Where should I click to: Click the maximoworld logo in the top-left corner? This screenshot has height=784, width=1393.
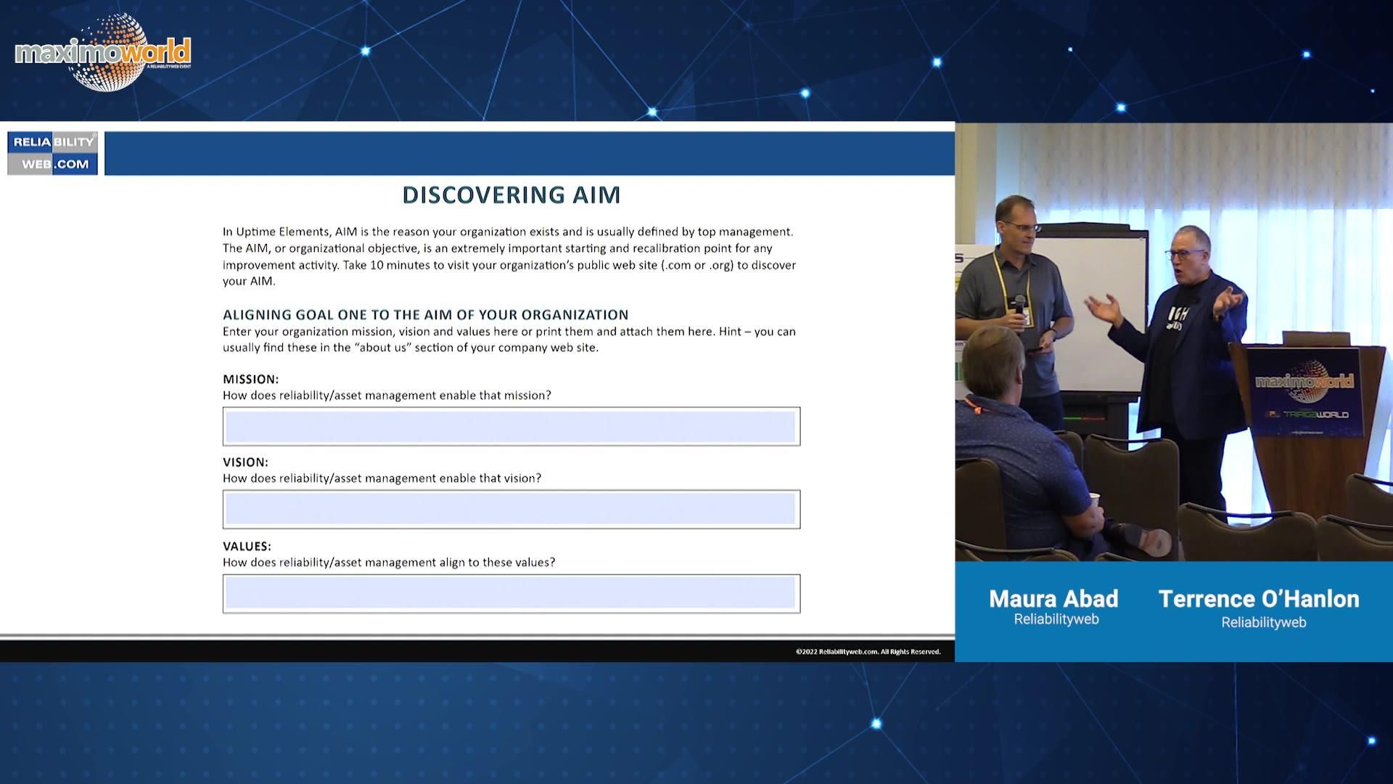(103, 52)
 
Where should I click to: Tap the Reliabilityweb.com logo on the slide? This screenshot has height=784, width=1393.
(52, 153)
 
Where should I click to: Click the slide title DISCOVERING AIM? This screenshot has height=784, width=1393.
(511, 195)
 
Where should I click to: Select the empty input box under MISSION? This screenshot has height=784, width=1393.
(511, 426)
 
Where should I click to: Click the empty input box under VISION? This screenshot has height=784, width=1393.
(511, 509)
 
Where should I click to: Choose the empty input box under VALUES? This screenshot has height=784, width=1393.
(511, 594)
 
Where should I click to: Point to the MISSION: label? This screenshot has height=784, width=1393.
(251, 379)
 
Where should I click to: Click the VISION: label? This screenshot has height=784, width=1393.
(246, 462)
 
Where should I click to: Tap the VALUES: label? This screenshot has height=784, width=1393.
(247, 546)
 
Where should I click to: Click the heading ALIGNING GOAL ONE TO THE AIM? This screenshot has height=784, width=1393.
(426, 314)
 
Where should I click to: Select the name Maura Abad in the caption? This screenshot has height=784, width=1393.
(1053, 598)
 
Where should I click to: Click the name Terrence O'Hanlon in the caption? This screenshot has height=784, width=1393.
(1259, 598)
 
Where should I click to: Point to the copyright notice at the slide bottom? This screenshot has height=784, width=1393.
(868, 652)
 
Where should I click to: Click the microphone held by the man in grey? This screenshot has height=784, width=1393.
(1019, 307)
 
